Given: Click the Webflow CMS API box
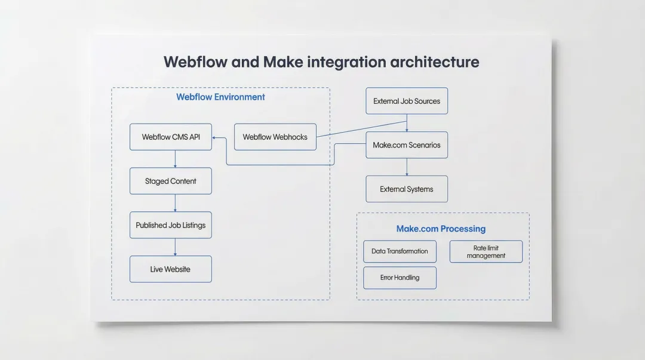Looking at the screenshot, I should (171, 137).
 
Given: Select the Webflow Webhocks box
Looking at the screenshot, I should (275, 137).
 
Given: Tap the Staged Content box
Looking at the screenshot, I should (171, 181).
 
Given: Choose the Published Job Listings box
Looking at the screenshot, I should (171, 225).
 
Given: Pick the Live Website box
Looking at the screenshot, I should (171, 269).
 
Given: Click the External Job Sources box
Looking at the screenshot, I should (407, 101).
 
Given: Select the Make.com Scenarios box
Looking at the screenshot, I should (407, 145).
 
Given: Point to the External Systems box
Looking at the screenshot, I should (407, 189).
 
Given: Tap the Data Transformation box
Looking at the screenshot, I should (400, 251).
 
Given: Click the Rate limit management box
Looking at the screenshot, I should (486, 251).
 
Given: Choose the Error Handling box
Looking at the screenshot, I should (400, 278).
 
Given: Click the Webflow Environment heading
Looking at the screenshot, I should (220, 97).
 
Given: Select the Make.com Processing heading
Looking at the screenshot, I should (441, 229).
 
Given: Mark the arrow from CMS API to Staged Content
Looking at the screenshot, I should (175, 159).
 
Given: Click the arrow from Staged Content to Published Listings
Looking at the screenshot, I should (175, 203).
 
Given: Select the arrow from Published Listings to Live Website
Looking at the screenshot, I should (175, 247).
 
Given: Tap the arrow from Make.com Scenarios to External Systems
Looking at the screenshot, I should (407, 167).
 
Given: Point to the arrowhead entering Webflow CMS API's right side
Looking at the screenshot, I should (215, 138).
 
